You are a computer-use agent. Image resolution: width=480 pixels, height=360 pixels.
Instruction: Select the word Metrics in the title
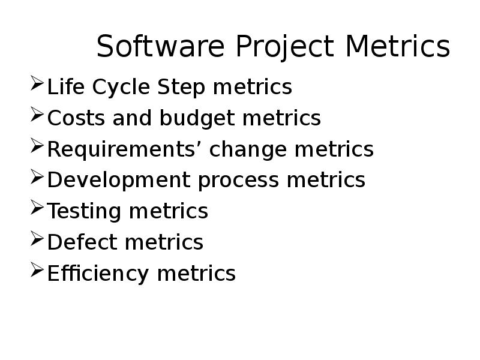click(x=398, y=47)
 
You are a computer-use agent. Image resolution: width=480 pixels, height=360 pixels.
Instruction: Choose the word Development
click(x=119, y=181)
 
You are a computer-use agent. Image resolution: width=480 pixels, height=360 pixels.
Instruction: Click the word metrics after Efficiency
click(x=196, y=274)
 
